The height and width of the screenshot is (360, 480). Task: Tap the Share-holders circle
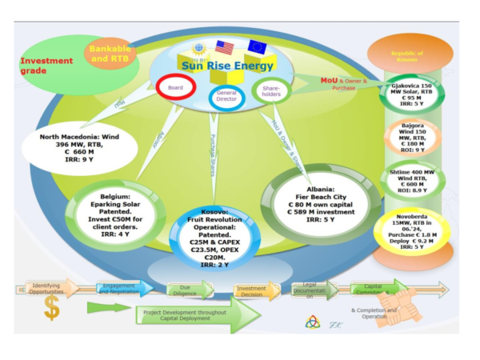coord(270,90)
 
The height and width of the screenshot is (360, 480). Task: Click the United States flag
coord(225,47)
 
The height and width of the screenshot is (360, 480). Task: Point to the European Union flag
coord(257,46)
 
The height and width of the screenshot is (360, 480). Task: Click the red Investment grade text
coord(46,66)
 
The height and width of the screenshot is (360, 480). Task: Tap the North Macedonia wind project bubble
coord(79,148)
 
